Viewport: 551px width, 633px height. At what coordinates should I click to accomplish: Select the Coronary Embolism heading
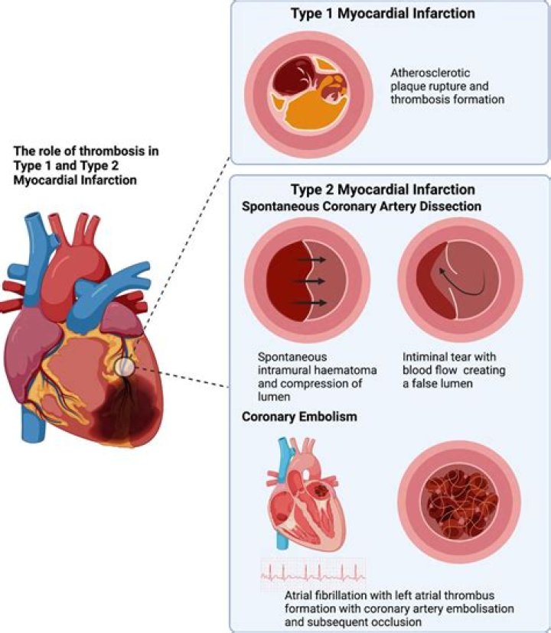(287, 417)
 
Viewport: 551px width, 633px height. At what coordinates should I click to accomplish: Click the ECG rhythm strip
(313, 574)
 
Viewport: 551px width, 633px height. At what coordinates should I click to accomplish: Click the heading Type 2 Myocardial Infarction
(383, 189)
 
